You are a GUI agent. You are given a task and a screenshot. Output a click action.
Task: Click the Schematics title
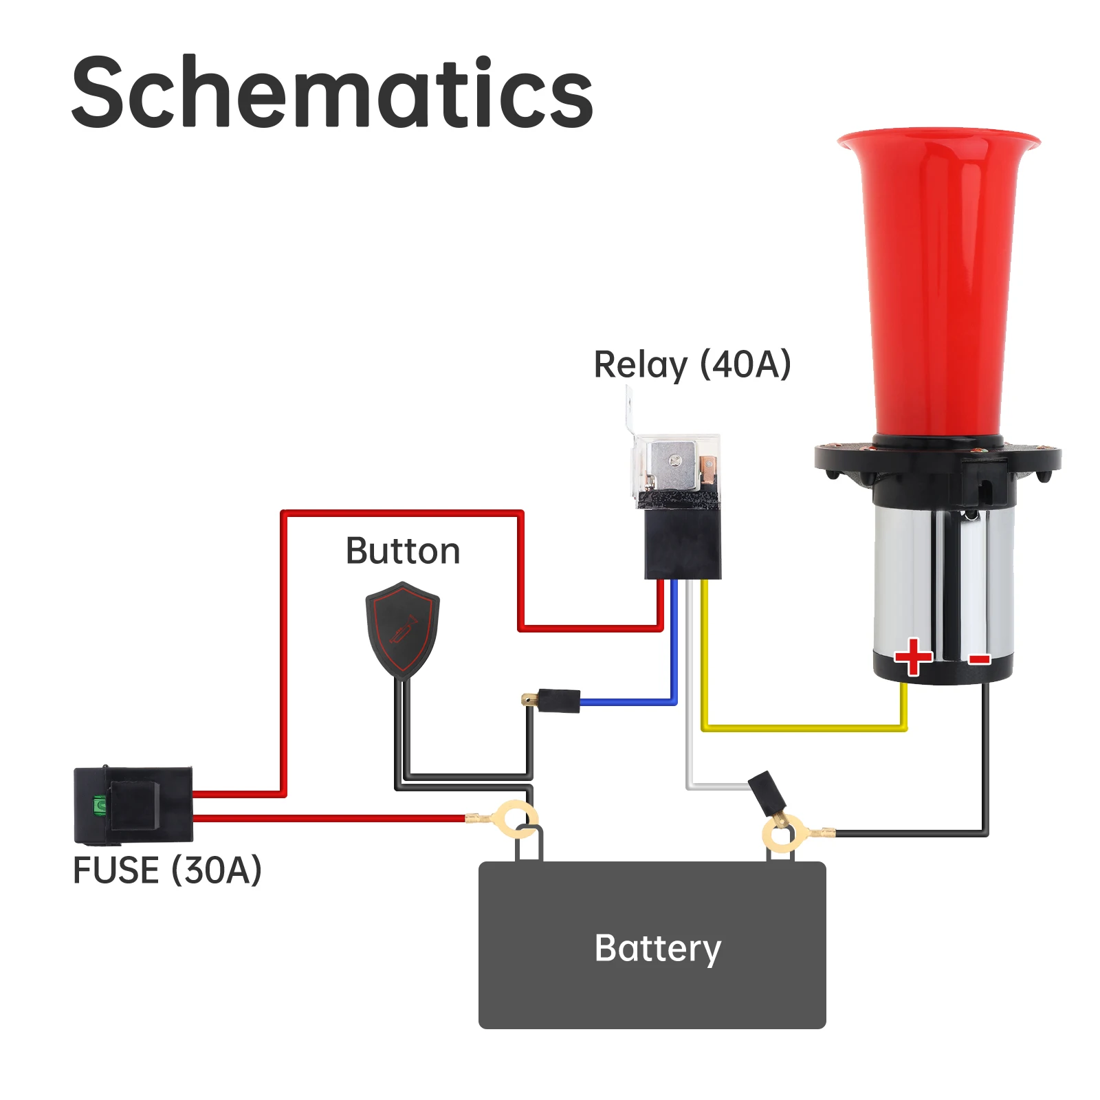pos(332,93)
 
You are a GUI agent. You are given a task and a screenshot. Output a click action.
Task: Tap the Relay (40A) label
pos(692,364)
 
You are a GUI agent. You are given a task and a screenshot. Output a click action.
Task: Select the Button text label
pos(403,551)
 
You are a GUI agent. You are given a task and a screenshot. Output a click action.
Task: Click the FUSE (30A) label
pos(167,870)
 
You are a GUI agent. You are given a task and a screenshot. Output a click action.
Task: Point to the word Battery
pos(657,949)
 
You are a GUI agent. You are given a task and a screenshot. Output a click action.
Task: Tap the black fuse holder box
pos(133,804)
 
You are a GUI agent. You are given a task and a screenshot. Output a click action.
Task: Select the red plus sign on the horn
pos(913,657)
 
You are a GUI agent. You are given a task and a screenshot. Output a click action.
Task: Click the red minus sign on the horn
pos(979,660)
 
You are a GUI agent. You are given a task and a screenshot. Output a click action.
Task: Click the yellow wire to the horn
pos(804,727)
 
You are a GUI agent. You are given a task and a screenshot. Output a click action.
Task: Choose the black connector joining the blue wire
pos(558,701)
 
